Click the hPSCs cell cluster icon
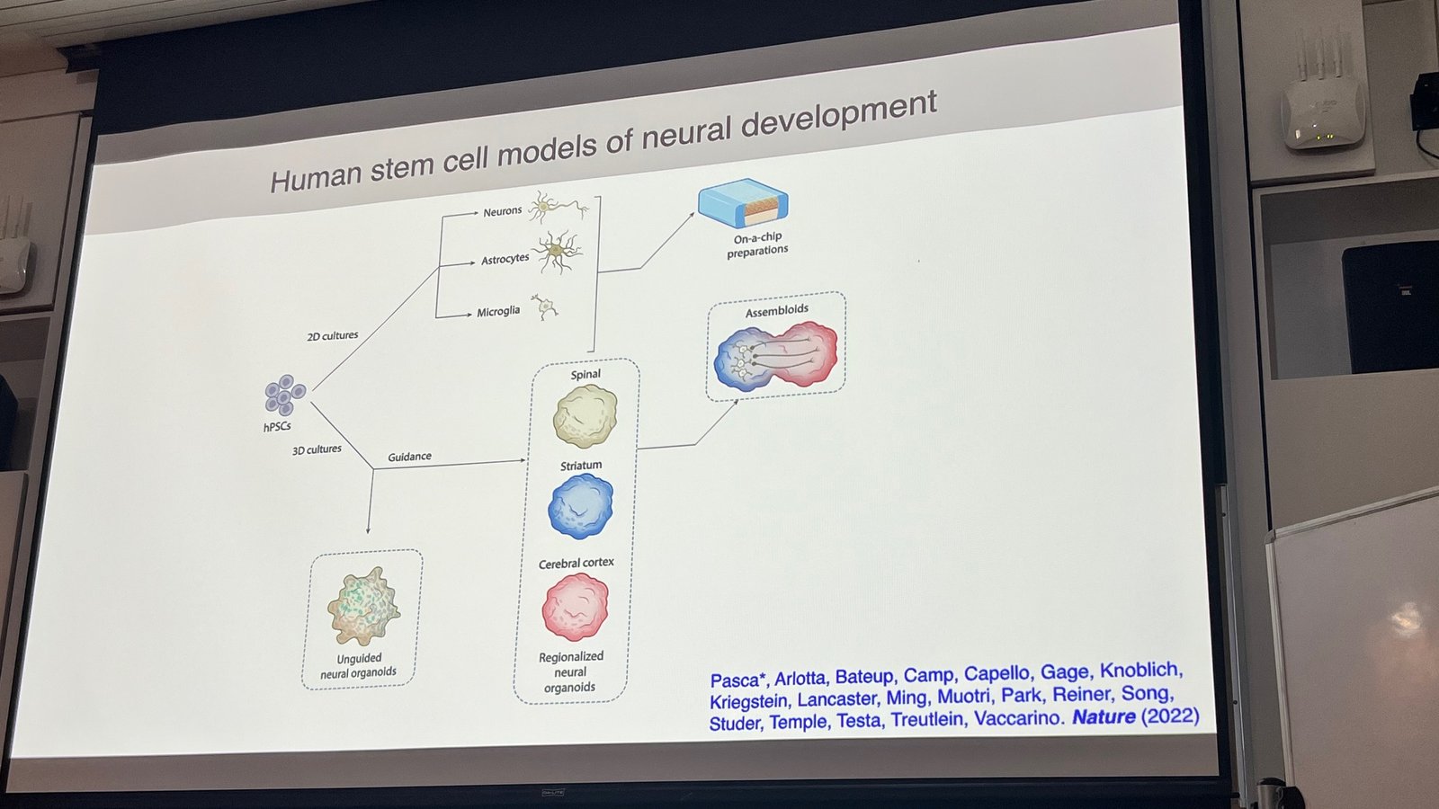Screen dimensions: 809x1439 coord(285,396)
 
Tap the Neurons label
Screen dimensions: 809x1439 coord(502,211)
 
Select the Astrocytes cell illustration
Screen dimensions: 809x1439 coord(558,252)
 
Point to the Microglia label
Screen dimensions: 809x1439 coord(498,312)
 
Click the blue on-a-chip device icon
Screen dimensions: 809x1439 coord(744,204)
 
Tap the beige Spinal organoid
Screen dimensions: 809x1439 coord(585,416)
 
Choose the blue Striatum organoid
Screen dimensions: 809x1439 coord(581,507)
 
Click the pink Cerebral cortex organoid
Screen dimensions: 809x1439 coord(576,608)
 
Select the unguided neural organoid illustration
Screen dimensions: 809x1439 coord(363,607)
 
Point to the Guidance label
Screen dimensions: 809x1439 coord(409,457)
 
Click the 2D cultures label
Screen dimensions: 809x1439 coord(333,336)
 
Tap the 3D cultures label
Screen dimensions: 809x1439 coord(317,449)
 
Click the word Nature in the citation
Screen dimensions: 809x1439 coord(1104,717)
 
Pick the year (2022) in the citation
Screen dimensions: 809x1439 coord(1170,716)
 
